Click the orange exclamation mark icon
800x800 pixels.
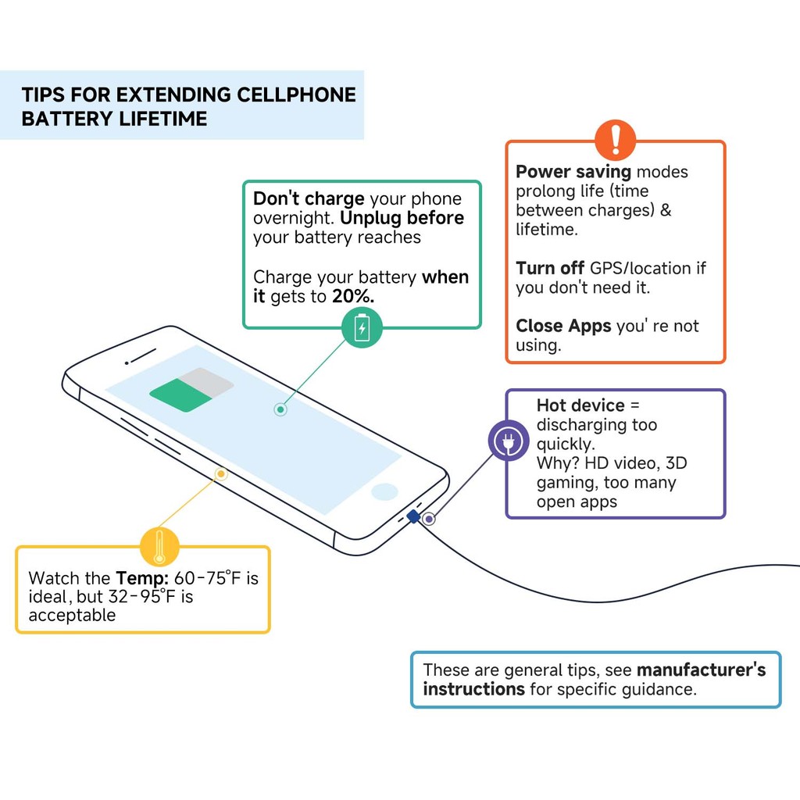[615, 141]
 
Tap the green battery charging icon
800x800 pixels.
[362, 327]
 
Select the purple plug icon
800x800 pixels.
[508, 441]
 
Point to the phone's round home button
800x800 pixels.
[384, 491]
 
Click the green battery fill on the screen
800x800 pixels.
[180, 395]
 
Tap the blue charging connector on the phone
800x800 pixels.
[413, 516]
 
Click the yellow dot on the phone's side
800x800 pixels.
[221, 473]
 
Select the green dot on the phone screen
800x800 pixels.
[280, 409]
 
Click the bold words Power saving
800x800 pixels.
[573, 172]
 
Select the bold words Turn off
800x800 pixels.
[549, 268]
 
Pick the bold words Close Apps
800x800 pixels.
[563, 326]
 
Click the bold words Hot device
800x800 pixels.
[580, 405]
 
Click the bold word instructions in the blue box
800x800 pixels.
[473, 689]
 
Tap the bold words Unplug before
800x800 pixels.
[402, 218]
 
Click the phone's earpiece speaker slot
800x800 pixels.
[141, 356]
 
